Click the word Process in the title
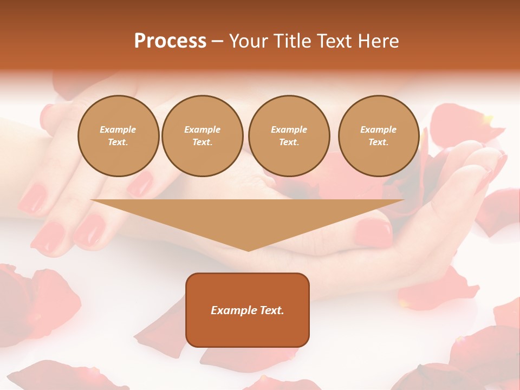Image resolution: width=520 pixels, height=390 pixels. [170, 41]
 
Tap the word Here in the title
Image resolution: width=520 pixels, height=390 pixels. [378, 41]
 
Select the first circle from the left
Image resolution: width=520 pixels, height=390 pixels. [118, 136]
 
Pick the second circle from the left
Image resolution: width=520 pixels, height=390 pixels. [202, 136]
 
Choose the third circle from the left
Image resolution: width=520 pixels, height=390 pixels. [289, 136]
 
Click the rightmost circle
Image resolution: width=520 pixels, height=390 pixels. [379, 136]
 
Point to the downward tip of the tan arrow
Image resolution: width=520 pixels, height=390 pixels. [248, 250]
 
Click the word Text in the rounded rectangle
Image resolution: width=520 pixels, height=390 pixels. [270, 310]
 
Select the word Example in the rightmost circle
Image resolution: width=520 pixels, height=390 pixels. [379, 129]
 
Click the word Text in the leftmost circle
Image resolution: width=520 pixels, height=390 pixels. [118, 142]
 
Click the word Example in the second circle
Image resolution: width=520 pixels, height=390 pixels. [202, 129]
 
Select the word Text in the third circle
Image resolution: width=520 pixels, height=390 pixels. [289, 142]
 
